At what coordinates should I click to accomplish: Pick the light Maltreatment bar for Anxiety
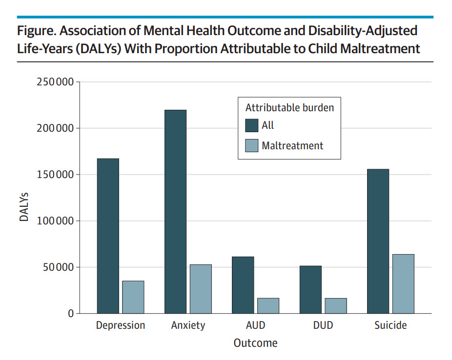click(x=201, y=289)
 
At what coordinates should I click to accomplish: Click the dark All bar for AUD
click(x=243, y=285)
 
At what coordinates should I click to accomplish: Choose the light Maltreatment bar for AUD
click(x=268, y=305)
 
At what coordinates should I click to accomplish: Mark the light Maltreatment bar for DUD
click(x=336, y=305)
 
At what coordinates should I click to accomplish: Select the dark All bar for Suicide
click(x=378, y=241)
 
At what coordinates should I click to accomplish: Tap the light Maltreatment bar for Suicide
click(x=403, y=283)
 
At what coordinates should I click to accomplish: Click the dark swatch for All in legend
click(x=251, y=125)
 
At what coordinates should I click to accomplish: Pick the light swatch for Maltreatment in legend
click(x=251, y=145)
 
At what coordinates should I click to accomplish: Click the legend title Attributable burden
click(x=289, y=108)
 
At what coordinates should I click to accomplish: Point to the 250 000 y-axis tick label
click(x=55, y=82)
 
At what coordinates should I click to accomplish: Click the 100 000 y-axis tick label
click(x=55, y=221)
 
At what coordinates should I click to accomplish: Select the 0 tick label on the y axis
click(x=71, y=314)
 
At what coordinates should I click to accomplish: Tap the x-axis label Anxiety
click(x=188, y=325)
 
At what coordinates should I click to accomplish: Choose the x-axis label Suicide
click(x=390, y=325)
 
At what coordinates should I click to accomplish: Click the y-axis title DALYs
click(x=24, y=207)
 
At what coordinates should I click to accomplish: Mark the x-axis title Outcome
click(x=255, y=343)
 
